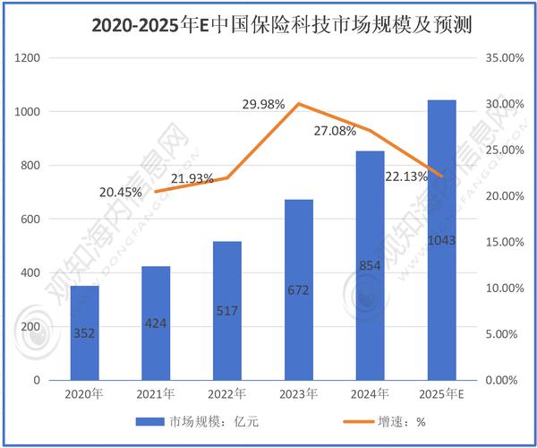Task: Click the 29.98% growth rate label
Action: [263, 105]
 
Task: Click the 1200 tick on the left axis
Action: [29, 58]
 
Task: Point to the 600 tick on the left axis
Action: [32, 219]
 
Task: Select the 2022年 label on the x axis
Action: [228, 395]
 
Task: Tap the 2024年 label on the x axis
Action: [371, 395]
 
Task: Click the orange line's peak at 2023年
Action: [300, 104]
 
